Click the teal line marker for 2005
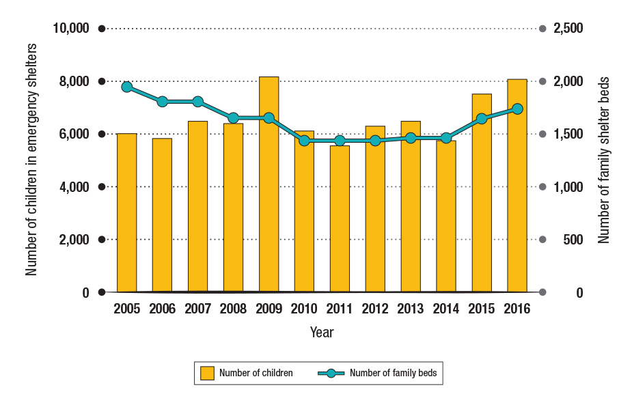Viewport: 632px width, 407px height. pos(127,87)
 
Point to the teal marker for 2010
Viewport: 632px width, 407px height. pos(304,141)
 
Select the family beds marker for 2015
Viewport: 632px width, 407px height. pos(482,119)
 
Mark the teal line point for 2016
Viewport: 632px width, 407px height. pos(517,109)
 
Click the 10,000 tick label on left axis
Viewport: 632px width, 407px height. pos(70,29)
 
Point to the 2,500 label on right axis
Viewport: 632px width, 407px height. pos(568,29)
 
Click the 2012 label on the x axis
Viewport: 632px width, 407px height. pos(375,309)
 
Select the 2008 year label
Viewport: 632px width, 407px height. pos(233,309)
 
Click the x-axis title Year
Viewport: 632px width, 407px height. pos(322,333)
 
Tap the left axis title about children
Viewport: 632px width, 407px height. pos(31,158)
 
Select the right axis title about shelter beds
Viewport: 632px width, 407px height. pos(603,160)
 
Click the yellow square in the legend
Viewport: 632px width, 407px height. pos(207,373)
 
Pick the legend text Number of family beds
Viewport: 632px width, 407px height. pos(393,373)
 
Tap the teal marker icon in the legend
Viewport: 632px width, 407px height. pos(331,373)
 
